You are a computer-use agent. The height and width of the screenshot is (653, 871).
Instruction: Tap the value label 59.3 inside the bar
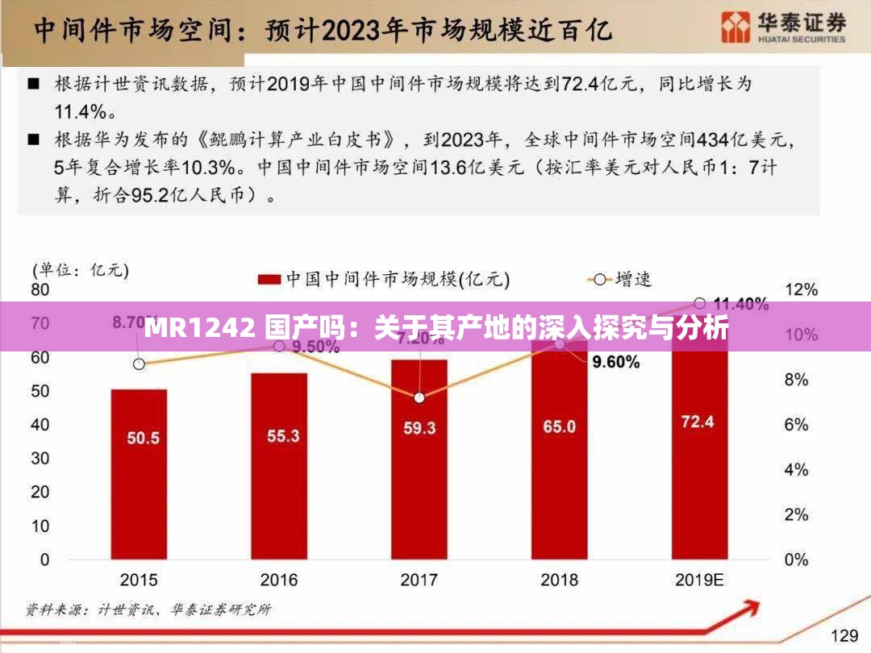[x=419, y=428]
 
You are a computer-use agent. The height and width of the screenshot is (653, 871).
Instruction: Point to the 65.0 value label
[x=559, y=426]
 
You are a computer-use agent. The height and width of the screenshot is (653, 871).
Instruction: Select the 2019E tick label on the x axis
[x=699, y=580]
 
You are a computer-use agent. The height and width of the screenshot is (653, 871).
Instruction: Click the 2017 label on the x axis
[x=419, y=580]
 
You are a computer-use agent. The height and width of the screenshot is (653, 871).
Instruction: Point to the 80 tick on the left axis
[x=40, y=289]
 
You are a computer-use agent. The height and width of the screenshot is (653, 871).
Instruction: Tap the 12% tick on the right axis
[x=801, y=289]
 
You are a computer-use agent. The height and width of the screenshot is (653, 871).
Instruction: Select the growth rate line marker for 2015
[x=139, y=364]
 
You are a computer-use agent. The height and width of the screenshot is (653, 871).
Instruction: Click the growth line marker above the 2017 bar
[x=419, y=397]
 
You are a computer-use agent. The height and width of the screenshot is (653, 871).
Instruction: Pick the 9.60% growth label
[x=615, y=363]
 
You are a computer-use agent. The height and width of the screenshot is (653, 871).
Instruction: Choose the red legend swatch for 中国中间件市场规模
[x=269, y=280]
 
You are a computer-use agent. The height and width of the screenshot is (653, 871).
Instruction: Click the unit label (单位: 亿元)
[x=80, y=270]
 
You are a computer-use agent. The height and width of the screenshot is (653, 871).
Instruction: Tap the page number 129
[x=844, y=635]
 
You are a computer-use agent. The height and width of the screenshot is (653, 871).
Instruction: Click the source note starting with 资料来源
[x=148, y=609]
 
